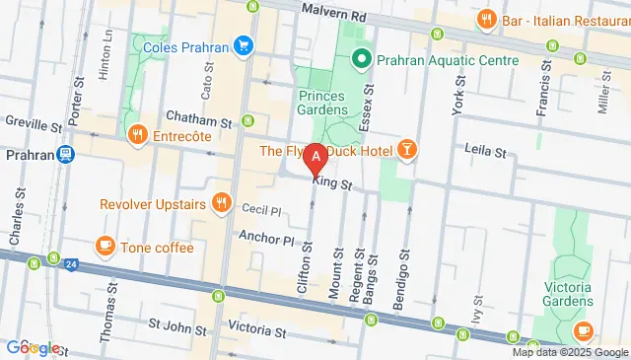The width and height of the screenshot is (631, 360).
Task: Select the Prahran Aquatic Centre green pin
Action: [361, 60]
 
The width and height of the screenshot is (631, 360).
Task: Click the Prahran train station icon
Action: [65, 155]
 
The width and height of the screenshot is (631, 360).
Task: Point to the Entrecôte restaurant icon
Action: [137, 135]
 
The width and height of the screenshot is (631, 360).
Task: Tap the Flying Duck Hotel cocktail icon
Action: [406, 150]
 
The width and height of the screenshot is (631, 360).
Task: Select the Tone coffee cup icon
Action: [105, 247]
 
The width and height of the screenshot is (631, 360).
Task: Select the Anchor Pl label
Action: [266, 239]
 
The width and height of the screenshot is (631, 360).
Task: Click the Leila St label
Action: [484, 151]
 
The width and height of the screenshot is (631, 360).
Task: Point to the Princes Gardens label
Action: [321, 104]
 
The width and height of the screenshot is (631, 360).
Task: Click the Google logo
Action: [33, 347]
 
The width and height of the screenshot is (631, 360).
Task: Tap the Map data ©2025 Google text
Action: [569, 352]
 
